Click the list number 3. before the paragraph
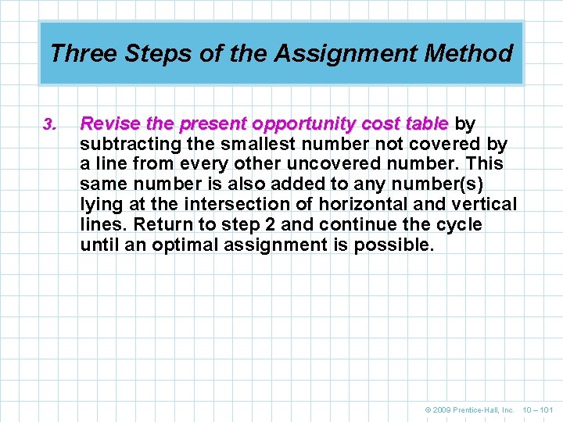(x=48, y=124)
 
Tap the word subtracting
(x=125, y=144)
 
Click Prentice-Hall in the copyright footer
(x=485, y=409)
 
